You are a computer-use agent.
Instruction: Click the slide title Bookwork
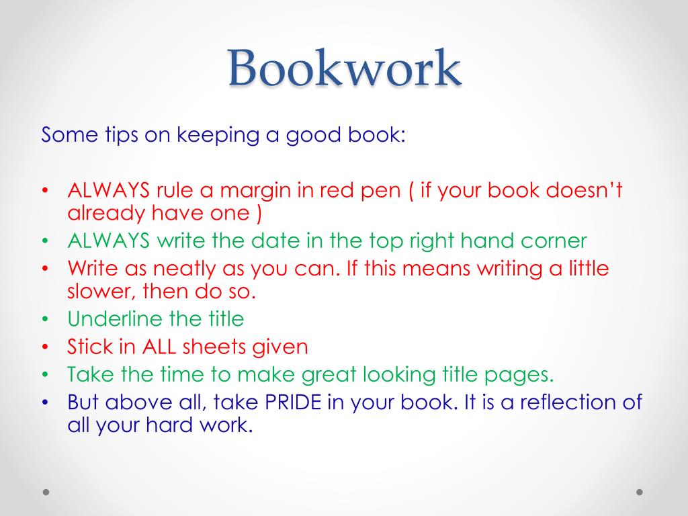[x=344, y=69]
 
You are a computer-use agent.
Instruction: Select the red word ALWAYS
[x=108, y=191]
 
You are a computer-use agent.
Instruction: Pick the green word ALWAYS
[x=108, y=241]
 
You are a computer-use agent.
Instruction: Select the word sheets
[x=214, y=347]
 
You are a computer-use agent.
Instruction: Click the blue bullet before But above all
[x=45, y=403]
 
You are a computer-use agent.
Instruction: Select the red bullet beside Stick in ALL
[x=45, y=347]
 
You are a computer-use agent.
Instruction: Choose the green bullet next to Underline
[x=45, y=319]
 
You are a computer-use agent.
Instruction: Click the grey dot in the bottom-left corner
[x=46, y=492]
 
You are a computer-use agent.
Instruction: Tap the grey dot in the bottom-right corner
[x=640, y=492]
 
